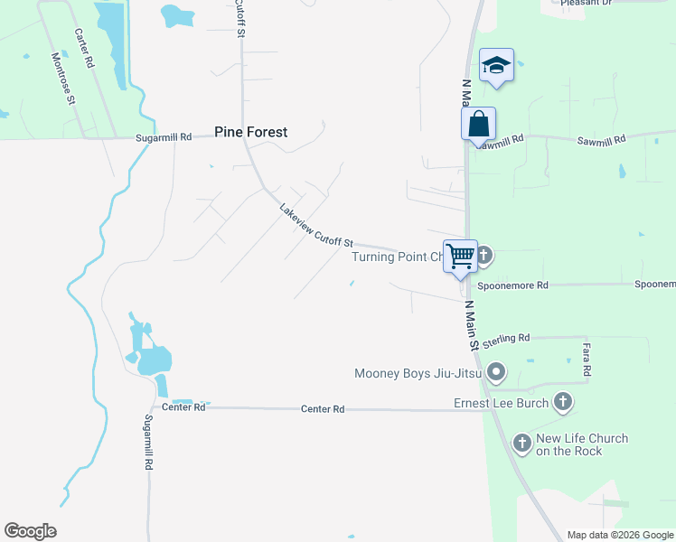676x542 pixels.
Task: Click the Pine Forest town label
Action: click(x=251, y=132)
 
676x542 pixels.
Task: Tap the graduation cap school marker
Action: click(x=496, y=65)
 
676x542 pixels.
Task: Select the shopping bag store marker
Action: click(x=478, y=124)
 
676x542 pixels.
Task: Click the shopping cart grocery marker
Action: click(x=460, y=257)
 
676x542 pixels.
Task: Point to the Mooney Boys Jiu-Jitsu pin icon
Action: click(x=495, y=372)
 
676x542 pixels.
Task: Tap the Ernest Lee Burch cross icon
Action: click(x=562, y=403)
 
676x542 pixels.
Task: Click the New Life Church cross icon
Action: click(x=521, y=443)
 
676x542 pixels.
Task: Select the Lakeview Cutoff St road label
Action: click(x=315, y=227)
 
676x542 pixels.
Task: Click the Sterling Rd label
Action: click(x=505, y=340)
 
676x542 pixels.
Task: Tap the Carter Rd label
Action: click(x=85, y=49)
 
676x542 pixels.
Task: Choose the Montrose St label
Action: click(x=62, y=78)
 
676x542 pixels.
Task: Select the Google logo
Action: click(x=30, y=531)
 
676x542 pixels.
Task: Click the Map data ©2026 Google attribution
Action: click(x=620, y=535)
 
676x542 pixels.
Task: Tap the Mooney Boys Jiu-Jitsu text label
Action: click(x=417, y=372)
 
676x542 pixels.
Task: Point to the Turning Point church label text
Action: click(x=398, y=257)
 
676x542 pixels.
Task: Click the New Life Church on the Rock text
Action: click(x=581, y=444)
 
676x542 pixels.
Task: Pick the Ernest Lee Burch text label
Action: click(x=501, y=403)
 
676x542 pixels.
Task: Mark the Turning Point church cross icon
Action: click(x=484, y=256)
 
